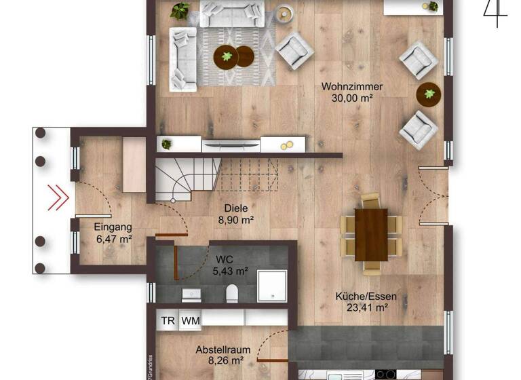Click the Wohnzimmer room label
click(x=352, y=87)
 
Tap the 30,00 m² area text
click(x=352, y=98)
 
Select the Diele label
click(x=236, y=209)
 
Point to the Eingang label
click(x=113, y=227)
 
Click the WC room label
click(x=225, y=259)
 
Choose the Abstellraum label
click(x=223, y=350)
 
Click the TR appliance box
click(x=168, y=320)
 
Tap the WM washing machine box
click(x=190, y=320)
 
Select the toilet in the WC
click(x=231, y=292)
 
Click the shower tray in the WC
click(x=271, y=286)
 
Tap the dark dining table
click(x=371, y=234)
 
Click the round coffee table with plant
click(x=227, y=56)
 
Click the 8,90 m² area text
click(x=236, y=220)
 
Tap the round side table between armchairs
click(x=429, y=94)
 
